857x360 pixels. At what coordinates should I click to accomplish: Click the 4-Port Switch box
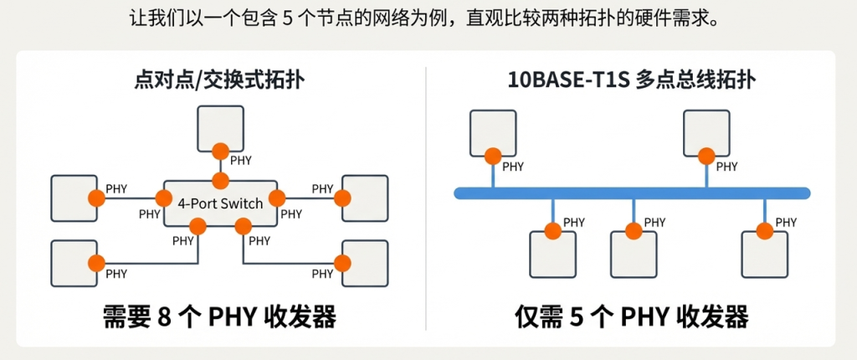[x=221, y=203]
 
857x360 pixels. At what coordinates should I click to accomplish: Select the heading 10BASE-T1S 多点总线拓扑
[x=632, y=80]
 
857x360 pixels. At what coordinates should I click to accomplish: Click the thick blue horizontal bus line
[x=632, y=193]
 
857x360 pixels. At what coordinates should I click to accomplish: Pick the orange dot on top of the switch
[x=221, y=180]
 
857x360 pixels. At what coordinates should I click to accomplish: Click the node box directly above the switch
[x=221, y=128]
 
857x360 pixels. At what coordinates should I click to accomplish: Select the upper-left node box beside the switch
[x=74, y=198]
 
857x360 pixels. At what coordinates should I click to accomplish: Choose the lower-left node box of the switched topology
[x=74, y=263]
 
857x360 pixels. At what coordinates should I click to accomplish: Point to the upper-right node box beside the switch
[x=365, y=198]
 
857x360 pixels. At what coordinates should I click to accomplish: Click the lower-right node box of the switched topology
[x=365, y=263]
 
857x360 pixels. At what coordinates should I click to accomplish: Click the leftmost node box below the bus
[x=553, y=255]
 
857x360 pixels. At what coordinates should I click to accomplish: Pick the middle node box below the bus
[x=634, y=255]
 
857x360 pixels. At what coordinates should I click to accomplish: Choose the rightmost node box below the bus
[x=765, y=255]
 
